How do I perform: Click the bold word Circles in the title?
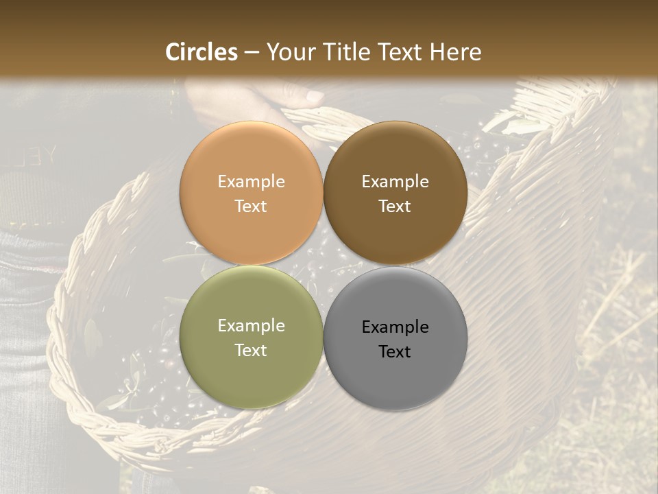tap(202, 51)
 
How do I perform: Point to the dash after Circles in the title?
tap(252, 53)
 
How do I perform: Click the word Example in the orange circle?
tap(251, 182)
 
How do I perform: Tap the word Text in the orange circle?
tap(251, 207)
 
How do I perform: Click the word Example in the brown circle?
tap(395, 182)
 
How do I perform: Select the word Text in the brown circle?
tap(395, 207)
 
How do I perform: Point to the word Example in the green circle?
tap(251, 326)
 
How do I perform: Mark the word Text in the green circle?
tap(251, 351)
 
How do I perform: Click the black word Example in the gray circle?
tap(395, 327)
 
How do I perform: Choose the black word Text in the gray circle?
tap(395, 352)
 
